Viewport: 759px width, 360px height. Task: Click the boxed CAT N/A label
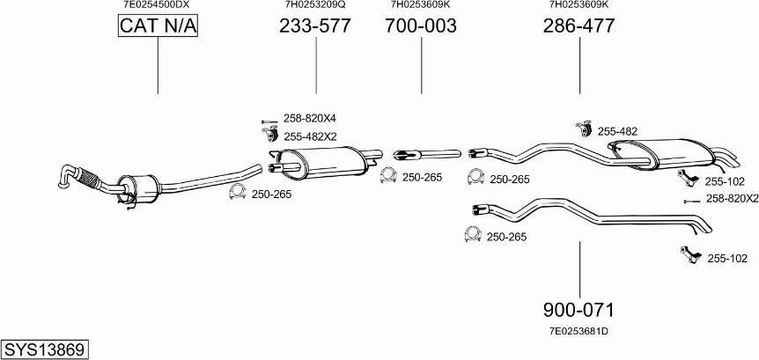point(158,27)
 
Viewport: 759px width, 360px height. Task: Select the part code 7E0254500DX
point(156,4)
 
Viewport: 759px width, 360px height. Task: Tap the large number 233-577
point(314,26)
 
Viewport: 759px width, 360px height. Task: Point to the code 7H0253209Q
point(314,4)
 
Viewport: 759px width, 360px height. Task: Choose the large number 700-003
point(420,26)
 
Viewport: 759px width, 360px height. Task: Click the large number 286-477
point(578,26)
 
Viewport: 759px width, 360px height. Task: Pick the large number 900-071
point(578,310)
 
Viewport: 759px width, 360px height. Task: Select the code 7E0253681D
point(578,331)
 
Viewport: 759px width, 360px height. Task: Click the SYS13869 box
point(44,349)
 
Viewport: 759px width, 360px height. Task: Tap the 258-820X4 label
point(309,119)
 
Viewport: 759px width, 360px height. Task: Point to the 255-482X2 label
point(310,136)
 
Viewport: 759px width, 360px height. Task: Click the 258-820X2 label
point(732,199)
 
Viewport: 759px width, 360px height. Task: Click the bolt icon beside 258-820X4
point(269,120)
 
